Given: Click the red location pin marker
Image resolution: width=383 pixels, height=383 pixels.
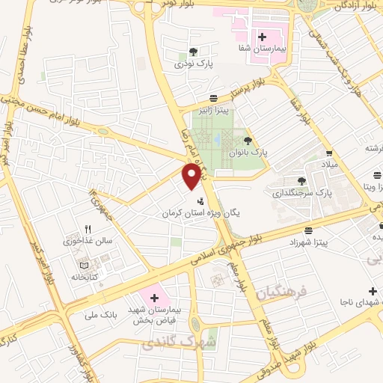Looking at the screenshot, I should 192,176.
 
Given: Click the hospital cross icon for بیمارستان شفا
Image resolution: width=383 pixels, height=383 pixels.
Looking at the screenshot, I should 262,36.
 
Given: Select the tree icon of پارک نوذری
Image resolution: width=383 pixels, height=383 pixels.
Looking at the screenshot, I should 193,52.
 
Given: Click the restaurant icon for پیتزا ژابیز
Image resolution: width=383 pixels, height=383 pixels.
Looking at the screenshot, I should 214,97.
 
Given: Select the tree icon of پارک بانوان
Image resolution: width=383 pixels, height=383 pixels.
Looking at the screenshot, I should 248,140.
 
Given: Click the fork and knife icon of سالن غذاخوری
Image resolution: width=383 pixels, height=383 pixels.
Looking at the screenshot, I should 88,229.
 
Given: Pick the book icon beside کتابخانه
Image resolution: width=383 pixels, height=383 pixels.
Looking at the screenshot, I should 83,265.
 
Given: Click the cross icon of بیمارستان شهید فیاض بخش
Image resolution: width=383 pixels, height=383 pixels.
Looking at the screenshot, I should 155,298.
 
